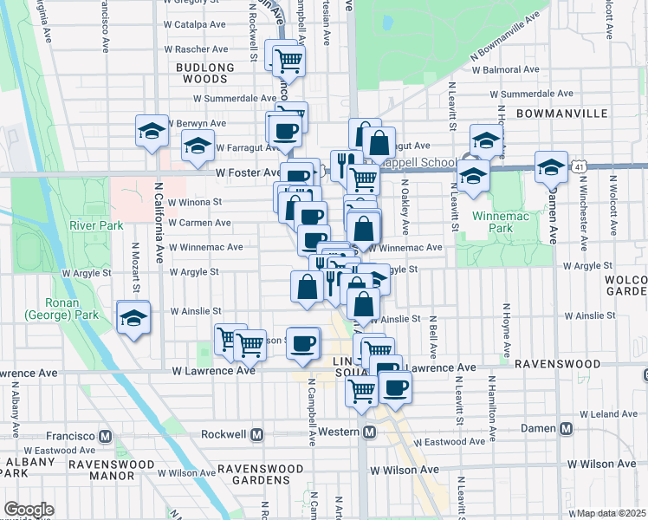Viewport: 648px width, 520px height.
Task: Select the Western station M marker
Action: (369, 432)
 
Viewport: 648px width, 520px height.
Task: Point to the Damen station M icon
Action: (566, 428)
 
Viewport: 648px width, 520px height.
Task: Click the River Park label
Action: (96, 226)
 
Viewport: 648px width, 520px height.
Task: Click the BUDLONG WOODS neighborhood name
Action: (205, 73)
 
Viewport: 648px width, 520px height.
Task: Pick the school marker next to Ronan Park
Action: (133, 319)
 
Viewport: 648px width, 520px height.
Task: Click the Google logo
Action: (29, 510)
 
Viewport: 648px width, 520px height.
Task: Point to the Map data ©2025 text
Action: (610, 513)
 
